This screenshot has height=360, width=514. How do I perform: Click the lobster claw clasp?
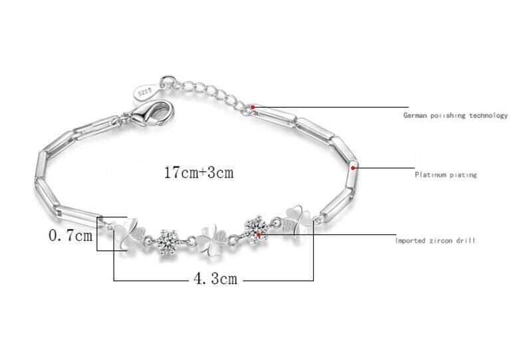(154, 112)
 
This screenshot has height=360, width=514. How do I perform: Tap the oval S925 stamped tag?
(146, 92)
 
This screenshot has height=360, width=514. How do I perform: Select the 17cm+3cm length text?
(199, 172)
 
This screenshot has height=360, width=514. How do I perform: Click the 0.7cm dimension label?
(70, 236)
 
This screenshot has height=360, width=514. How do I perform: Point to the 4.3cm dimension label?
(215, 279)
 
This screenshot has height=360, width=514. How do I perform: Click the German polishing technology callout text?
(455, 115)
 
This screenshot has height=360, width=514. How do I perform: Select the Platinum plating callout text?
(446, 174)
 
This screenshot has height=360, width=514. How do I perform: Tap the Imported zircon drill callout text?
(435, 240)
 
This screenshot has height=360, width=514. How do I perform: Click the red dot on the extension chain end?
(253, 107)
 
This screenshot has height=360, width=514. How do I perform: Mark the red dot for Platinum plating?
(353, 168)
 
